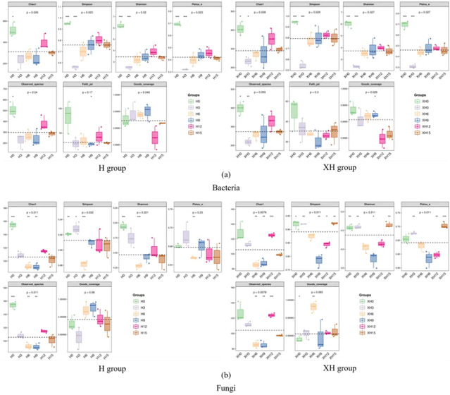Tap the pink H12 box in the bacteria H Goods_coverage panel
point(154,138)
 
